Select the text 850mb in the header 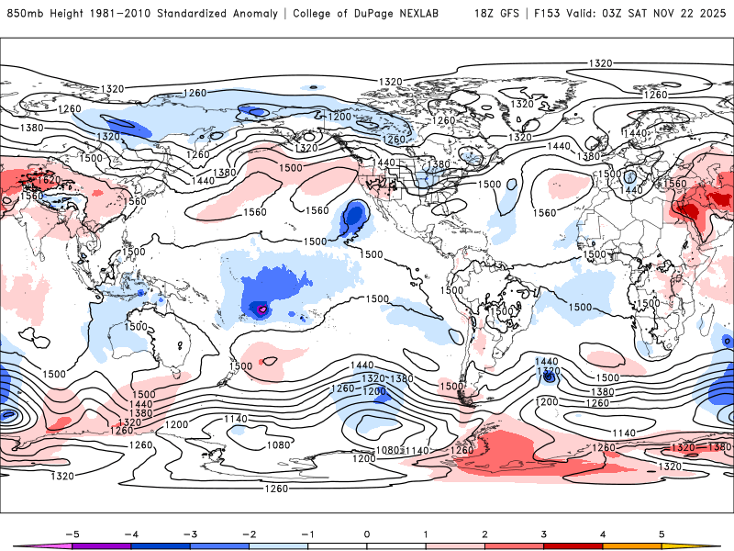coord(25,14)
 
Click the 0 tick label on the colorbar coord(367,534)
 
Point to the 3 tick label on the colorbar coord(544,534)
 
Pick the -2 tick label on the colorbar coord(249,534)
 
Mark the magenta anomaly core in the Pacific coord(261,309)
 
